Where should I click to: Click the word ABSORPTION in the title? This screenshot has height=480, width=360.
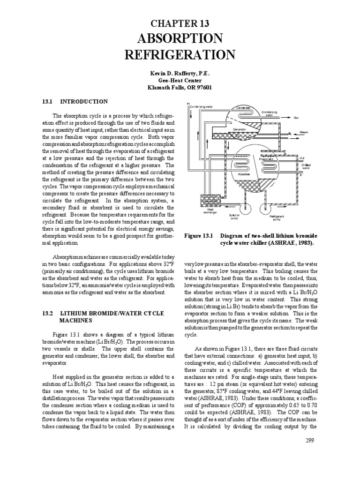tap(180, 39)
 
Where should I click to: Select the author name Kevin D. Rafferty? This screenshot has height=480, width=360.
tap(180, 74)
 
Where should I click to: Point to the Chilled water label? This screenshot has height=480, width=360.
tap(306, 166)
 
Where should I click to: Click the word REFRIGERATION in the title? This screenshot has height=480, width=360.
tap(180, 55)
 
